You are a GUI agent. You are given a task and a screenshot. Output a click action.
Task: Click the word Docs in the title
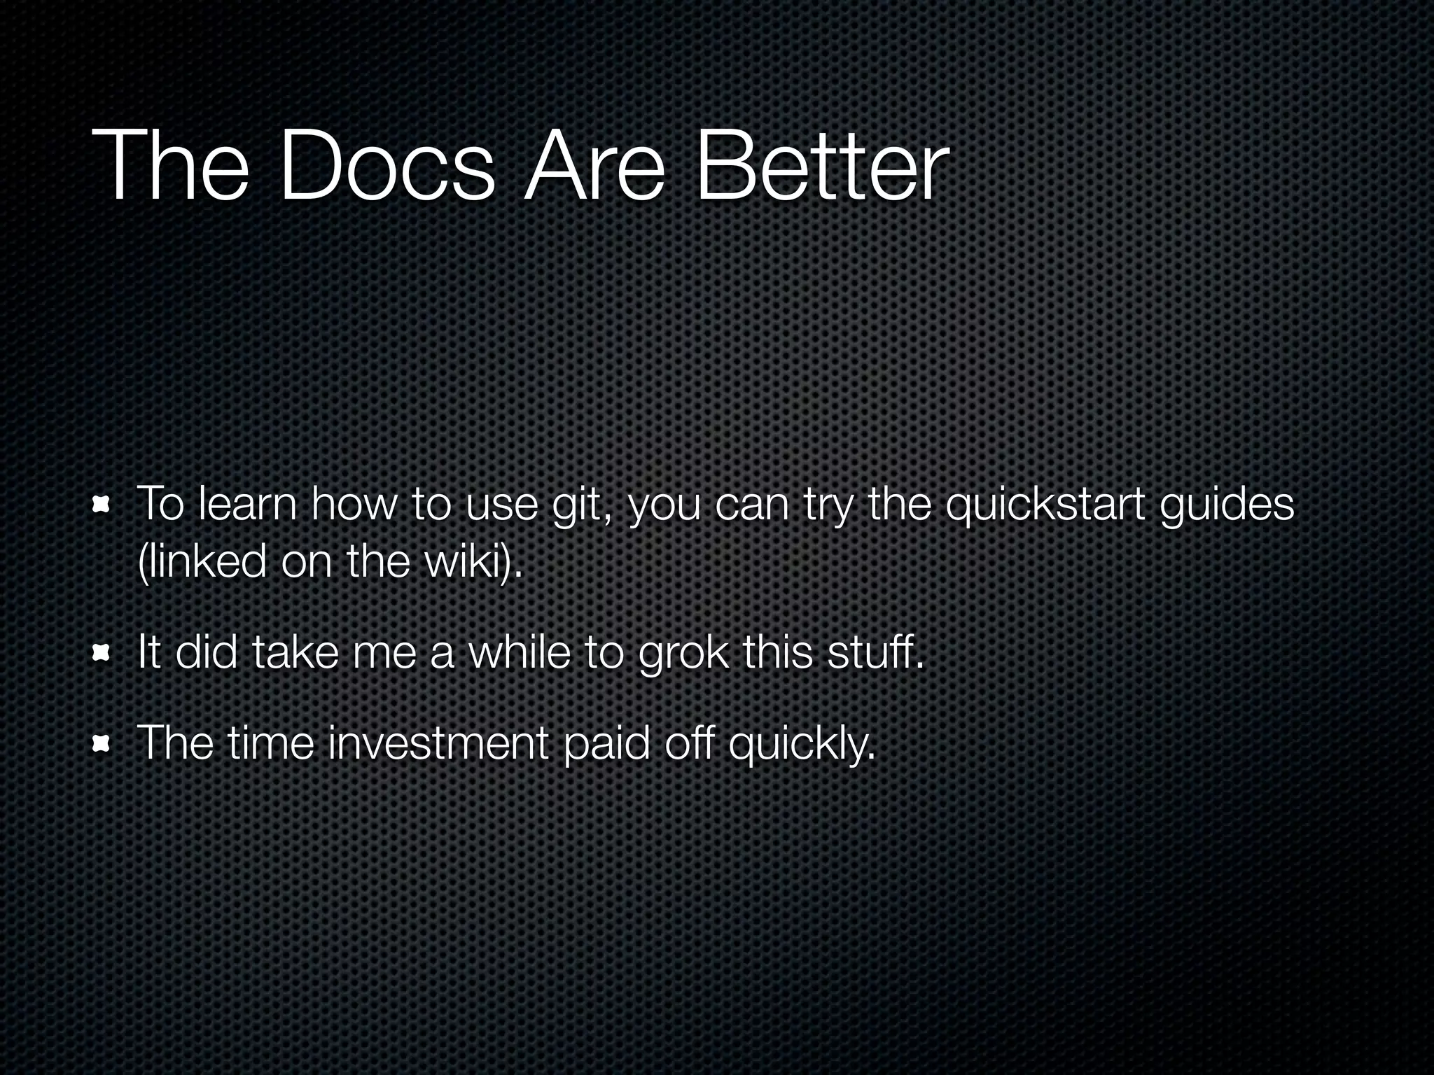[387, 168]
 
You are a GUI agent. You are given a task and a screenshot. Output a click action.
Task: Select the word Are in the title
[594, 168]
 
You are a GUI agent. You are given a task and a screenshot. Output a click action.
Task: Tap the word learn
[248, 504]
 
